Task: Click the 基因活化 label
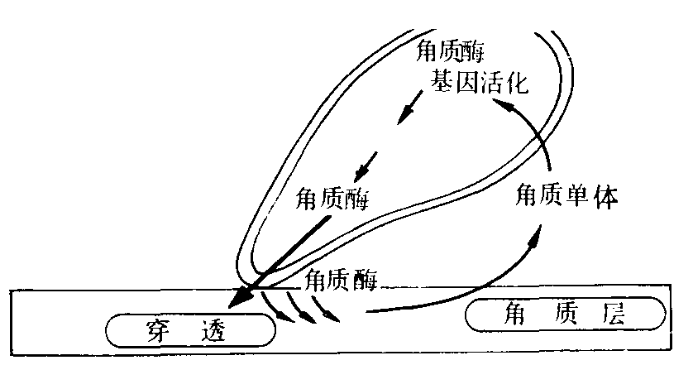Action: coord(477,81)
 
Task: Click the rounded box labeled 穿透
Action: coord(190,331)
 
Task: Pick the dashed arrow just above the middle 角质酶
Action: coord(363,167)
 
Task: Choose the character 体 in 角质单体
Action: coord(605,196)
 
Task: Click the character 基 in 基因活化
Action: coord(438,81)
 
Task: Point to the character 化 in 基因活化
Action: coord(515,82)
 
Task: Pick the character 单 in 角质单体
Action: coord(579,196)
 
